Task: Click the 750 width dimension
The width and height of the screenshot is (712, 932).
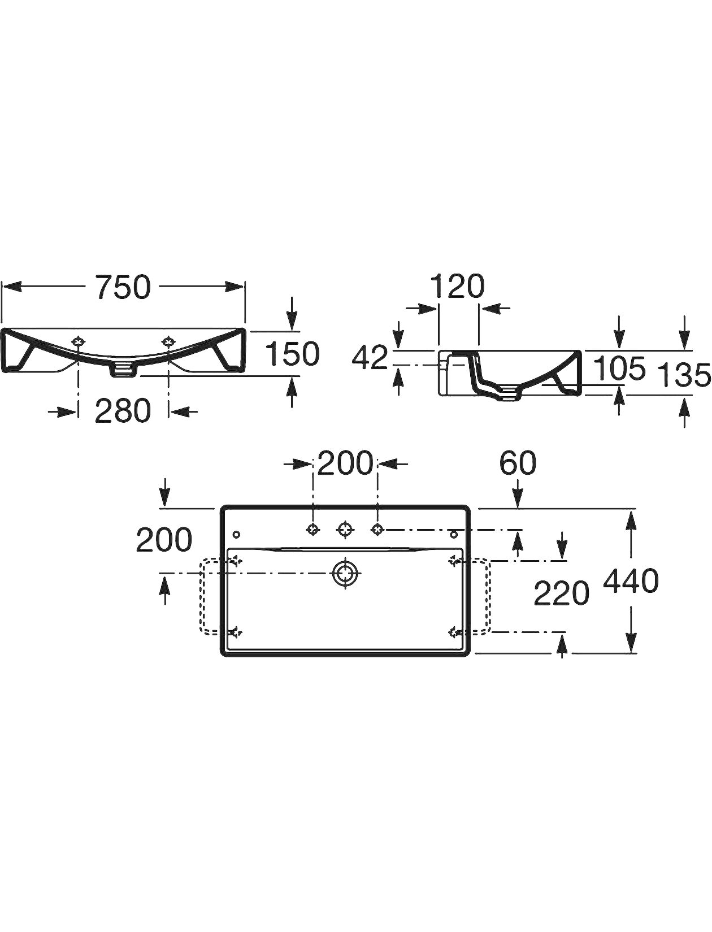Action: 123,287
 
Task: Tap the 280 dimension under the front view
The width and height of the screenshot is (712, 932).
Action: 123,411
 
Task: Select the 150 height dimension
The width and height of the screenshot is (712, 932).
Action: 292,354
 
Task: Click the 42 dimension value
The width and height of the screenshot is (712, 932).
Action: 370,358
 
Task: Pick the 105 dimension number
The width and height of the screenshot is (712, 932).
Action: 619,369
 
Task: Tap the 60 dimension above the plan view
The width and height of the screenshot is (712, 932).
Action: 518,463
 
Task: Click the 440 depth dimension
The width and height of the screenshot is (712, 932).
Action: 631,581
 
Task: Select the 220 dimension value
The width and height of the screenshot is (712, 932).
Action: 561,593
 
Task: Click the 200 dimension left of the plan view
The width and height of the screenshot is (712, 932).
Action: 164,540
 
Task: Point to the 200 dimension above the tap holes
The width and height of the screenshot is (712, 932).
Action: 345,463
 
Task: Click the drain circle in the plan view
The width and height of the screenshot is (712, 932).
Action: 345,573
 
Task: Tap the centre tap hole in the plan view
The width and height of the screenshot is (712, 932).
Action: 345,530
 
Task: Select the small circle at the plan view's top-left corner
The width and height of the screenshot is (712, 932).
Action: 236,535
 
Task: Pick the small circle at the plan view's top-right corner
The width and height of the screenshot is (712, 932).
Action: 453,535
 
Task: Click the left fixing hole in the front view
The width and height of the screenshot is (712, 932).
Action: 78,341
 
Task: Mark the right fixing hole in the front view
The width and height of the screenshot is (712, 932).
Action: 168,341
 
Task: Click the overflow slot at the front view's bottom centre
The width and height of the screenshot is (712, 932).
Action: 123,370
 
